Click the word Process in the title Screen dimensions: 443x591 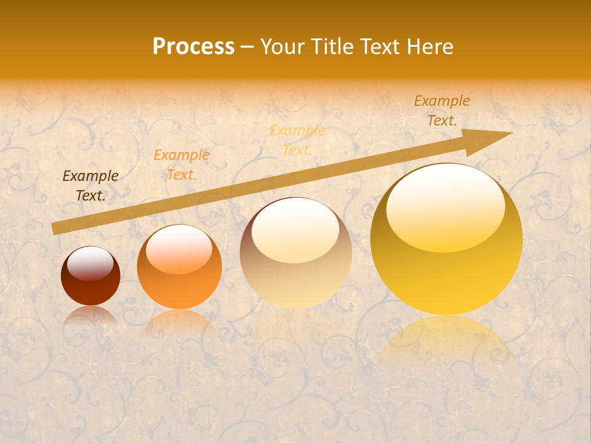click(x=193, y=47)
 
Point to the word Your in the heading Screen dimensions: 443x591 click(x=282, y=47)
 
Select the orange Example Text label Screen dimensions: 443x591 click(x=181, y=165)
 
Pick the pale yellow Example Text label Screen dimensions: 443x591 click(x=297, y=140)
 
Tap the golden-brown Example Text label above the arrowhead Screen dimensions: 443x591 click(x=441, y=111)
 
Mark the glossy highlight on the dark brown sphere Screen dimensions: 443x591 click(x=90, y=263)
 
